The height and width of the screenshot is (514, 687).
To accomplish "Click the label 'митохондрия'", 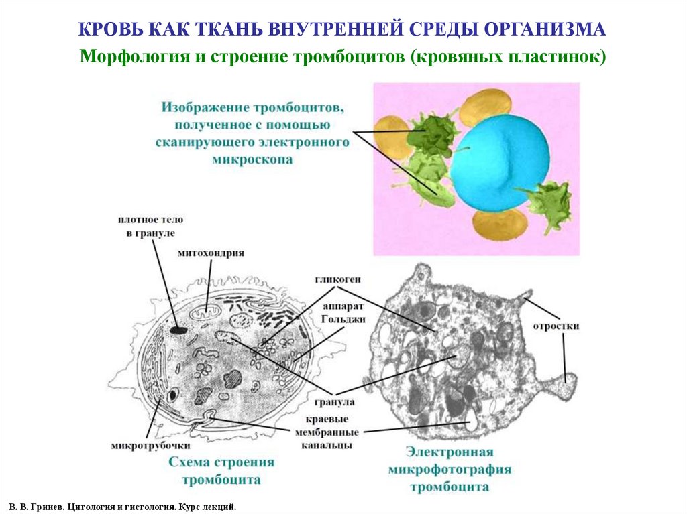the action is pyautogui.click(x=211, y=253).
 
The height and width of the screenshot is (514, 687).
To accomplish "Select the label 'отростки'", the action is pyautogui.click(x=556, y=326).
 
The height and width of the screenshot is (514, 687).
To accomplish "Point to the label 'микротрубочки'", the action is pyautogui.click(x=151, y=445).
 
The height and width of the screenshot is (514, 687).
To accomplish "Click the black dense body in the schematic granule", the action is pyautogui.click(x=178, y=329).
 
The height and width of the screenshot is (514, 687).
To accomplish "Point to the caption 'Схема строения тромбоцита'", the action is pyautogui.click(x=221, y=471).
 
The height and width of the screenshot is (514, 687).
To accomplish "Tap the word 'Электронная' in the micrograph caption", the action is pyautogui.click(x=450, y=452).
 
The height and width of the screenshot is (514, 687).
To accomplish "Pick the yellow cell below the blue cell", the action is pyautogui.click(x=499, y=224).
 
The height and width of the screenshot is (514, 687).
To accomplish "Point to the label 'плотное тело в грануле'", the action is pyautogui.click(x=150, y=226).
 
